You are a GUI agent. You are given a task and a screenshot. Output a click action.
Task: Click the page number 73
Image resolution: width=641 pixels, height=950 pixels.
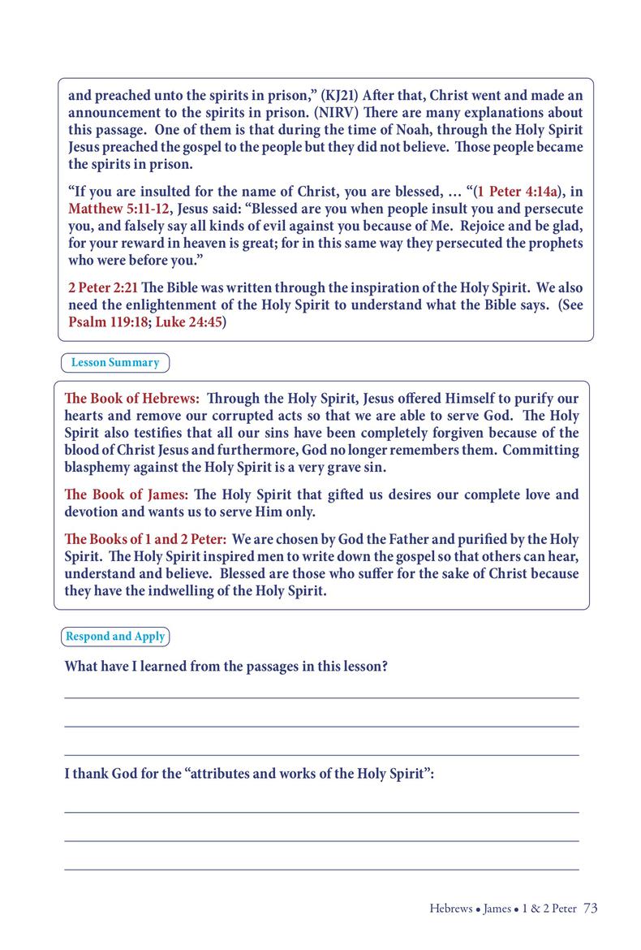pyautogui.click(x=590, y=909)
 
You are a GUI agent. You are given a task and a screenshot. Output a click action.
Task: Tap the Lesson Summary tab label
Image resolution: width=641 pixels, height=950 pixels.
pyautogui.click(x=114, y=362)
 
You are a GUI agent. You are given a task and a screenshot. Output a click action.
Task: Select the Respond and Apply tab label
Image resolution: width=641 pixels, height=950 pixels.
pyautogui.click(x=115, y=636)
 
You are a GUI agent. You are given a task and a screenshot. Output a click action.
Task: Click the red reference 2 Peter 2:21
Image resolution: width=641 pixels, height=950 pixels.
pyautogui.click(x=96, y=288)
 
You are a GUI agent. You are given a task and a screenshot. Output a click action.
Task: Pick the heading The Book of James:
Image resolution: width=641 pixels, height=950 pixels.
pyautogui.click(x=127, y=494)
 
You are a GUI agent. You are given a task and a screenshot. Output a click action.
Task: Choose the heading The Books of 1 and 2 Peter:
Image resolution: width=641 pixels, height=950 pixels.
pyautogui.click(x=146, y=539)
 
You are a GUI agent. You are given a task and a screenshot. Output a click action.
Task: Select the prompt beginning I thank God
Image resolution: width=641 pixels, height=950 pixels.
pyautogui.click(x=249, y=773)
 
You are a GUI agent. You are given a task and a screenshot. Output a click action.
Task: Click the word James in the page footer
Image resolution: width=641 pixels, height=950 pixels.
pyautogui.click(x=497, y=909)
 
